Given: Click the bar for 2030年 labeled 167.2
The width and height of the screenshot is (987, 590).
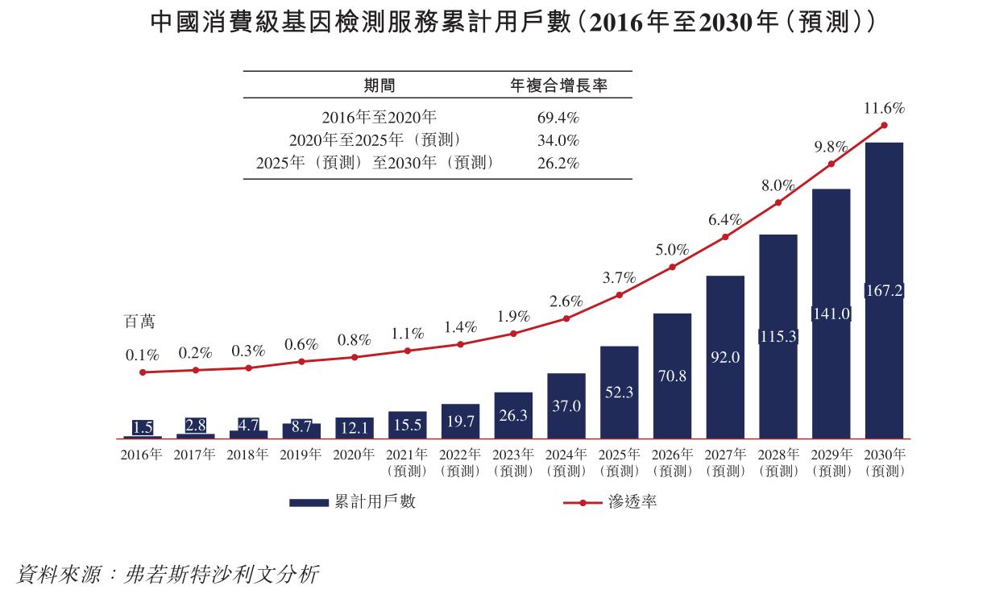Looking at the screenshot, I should click(x=884, y=290).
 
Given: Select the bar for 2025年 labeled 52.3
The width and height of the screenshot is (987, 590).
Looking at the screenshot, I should click(x=619, y=392).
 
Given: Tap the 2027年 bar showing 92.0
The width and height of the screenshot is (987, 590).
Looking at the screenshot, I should click(x=725, y=356).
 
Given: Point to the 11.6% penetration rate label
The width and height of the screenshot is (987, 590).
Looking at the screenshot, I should click(x=884, y=107).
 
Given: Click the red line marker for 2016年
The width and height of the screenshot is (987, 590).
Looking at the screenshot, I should click(x=143, y=372).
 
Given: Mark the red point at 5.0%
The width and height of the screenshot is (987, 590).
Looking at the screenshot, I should click(x=672, y=267).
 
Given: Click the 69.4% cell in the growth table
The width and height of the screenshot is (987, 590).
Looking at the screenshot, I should click(x=558, y=117).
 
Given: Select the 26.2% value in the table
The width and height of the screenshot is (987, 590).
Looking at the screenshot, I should click(x=558, y=163).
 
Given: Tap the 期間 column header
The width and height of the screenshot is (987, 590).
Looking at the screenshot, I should click(x=379, y=85).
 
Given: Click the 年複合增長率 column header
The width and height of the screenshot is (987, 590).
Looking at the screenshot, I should click(x=558, y=85).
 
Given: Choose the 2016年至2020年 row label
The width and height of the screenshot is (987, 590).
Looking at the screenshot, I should click(x=379, y=117).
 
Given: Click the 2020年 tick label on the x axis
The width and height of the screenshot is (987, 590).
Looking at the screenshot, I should click(x=354, y=455).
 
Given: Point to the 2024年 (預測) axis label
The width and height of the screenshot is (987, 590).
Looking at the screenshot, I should click(x=566, y=463).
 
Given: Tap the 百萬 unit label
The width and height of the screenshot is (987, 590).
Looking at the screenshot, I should click(x=139, y=322).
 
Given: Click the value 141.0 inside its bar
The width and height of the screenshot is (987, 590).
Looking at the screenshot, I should click(x=831, y=314).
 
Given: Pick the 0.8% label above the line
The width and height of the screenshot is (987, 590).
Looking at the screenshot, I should click(x=354, y=339).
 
